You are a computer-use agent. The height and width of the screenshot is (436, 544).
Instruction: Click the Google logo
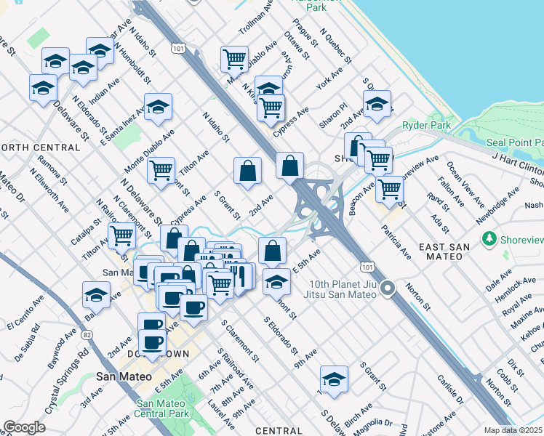point(24,427)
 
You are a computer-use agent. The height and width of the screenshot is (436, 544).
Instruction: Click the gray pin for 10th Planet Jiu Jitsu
point(388,288)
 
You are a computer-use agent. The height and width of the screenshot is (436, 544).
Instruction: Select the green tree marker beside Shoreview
point(489,238)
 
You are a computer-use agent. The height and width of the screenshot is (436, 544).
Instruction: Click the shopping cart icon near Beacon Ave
point(390,188)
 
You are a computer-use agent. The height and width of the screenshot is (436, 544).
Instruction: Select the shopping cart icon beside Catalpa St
point(121,235)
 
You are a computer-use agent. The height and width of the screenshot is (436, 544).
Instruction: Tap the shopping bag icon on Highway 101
point(289,165)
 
